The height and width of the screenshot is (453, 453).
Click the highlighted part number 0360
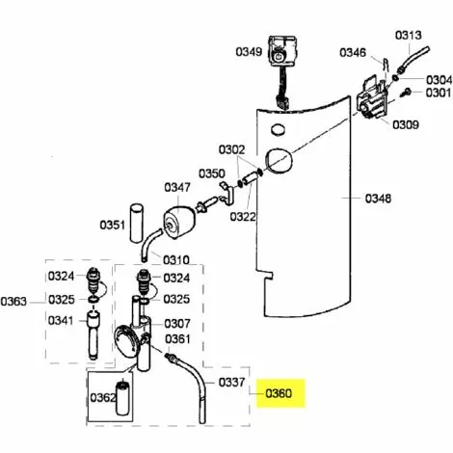click(x=279, y=393)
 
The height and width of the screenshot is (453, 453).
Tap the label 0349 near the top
click(x=249, y=51)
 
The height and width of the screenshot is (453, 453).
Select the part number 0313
click(x=409, y=35)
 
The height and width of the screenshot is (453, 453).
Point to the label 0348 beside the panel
click(x=378, y=199)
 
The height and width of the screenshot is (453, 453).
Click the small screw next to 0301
click(x=406, y=93)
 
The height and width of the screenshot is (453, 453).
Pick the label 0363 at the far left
click(x=13, y=302)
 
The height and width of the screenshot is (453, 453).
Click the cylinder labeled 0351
click(x=136, y=223)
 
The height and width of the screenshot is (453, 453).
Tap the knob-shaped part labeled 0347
click(x=178, y=223)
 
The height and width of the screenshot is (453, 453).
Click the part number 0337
click(x=232, y=382)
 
